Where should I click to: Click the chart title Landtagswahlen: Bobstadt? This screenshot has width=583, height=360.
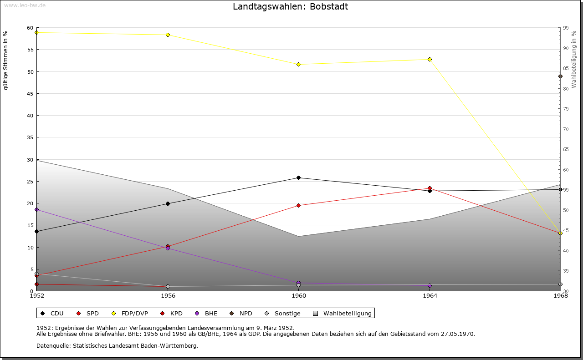coord(290,7)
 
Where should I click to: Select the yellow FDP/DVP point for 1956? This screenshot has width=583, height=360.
coord(168,35)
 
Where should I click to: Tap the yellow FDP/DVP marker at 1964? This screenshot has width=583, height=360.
coord(430,59)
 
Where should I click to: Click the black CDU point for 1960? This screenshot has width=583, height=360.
coord(298,177)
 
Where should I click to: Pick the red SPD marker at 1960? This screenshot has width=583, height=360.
coord(298,205)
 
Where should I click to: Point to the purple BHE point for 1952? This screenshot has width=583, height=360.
coord(36,209)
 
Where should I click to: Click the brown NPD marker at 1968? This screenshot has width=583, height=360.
coord(560,76)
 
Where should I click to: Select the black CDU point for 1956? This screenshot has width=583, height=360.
coord(168,203)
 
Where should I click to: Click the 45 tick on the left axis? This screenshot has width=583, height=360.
coord(30,94)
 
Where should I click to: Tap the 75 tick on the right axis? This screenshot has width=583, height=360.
coord(566,109)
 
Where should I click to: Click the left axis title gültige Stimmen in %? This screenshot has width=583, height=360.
coord(6,60)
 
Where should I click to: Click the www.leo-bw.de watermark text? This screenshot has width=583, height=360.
coord(24,5)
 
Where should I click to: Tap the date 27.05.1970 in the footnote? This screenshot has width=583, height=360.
coord(457,334)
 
